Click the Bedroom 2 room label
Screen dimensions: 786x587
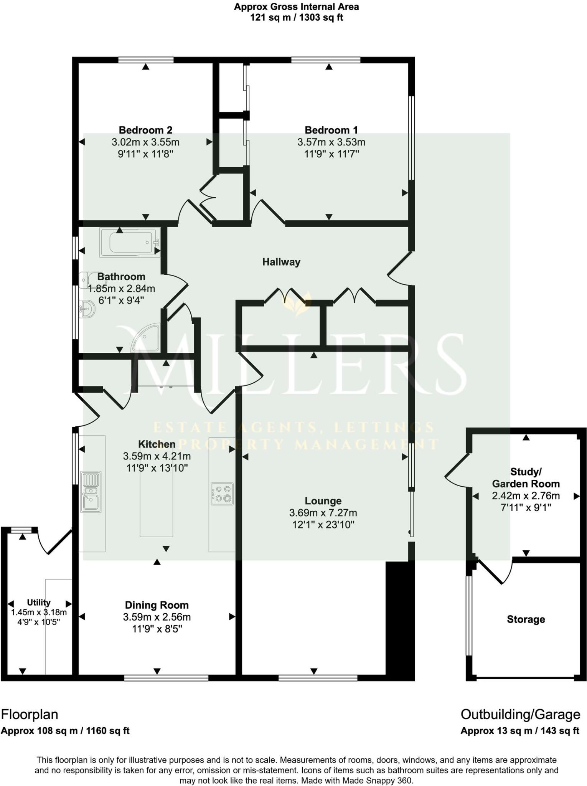click(145, 130)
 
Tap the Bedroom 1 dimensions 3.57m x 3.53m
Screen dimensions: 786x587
click(331, 142)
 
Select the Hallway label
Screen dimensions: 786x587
click(281, 262)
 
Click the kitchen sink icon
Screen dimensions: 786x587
click(91, 492)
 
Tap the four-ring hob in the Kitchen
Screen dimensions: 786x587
click(222, 494)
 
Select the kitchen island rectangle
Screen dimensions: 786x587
click(156, 503)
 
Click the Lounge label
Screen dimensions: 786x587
click(323, 500)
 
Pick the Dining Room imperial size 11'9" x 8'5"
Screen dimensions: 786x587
click(157, 629)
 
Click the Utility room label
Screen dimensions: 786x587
click(38, 602)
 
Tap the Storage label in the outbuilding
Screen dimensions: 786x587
click(526, 619)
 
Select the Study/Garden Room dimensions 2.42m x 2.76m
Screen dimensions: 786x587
click(526, 495)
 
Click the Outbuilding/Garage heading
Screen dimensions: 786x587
click(520, 714)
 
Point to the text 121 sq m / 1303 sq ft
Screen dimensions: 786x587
click(296, 18)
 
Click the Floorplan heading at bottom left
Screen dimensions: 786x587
click(30, 714)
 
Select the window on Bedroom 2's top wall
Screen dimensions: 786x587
click(146, 59)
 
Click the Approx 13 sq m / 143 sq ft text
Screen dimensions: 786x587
click(520, 731)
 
